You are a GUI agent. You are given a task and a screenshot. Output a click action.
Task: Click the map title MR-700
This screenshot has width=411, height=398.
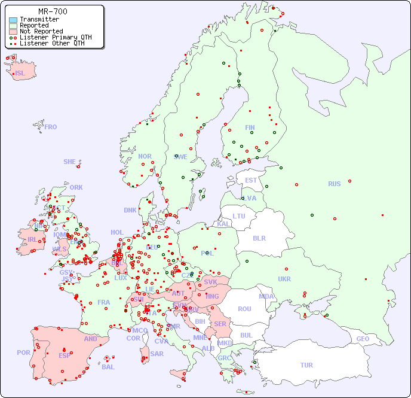[53, 11]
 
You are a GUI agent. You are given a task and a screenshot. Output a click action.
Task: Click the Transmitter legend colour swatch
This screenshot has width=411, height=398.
[13, 20]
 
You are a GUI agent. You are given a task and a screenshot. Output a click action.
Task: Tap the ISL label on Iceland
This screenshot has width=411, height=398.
[20, 74]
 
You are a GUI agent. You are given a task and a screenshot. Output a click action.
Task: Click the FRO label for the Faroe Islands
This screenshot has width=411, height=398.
[51, 127]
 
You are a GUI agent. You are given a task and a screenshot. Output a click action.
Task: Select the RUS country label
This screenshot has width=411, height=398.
[334, 184]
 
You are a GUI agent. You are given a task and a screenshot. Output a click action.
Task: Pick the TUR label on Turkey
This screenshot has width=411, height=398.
[306, 365]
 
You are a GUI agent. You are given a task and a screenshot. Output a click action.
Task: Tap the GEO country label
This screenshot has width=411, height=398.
[363, 339]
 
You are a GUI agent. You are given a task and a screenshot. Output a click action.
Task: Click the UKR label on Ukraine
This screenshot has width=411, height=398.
[284, 279]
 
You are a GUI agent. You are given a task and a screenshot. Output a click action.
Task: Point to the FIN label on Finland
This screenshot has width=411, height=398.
[250, 127]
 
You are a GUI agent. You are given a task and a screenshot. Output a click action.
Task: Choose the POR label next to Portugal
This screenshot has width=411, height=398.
[23, 353]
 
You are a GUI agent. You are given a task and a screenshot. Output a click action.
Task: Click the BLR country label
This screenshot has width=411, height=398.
[259, 238]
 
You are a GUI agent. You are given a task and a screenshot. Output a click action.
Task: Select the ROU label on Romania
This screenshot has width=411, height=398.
[245, 309]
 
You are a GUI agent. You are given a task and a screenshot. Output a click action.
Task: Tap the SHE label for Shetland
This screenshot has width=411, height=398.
[70, 162]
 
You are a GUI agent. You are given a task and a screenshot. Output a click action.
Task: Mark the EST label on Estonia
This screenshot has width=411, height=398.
[251, 180]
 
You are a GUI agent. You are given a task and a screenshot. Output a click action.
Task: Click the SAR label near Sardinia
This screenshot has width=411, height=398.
[157, 354]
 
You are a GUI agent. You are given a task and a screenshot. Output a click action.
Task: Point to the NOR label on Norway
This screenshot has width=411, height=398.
[145, 156]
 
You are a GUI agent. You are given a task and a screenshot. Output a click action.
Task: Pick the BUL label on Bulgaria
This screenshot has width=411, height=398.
[246, 335]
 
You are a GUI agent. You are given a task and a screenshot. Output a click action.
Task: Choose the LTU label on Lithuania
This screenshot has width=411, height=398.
[239, 216]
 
